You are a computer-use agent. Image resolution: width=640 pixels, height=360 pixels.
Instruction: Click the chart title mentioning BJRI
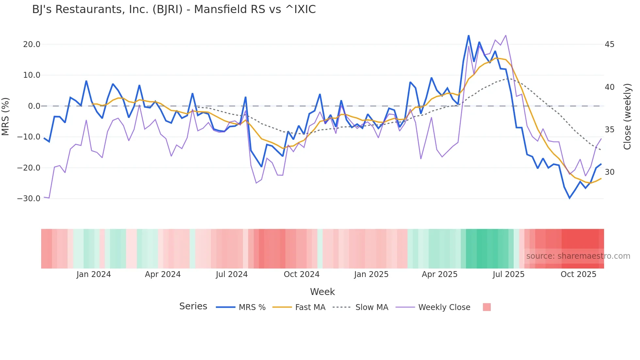(174, 9)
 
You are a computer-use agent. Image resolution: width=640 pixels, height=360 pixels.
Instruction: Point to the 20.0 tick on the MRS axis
(32, 44)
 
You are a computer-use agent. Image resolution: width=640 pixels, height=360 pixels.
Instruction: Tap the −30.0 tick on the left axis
(29, 199)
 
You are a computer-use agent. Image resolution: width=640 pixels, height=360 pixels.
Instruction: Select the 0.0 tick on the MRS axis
(34, 106)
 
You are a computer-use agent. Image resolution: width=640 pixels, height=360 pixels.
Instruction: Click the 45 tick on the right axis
(609, 44)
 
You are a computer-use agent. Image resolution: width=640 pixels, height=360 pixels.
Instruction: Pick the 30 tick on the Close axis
(609, 172)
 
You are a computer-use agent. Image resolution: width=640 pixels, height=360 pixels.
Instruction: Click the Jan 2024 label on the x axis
(94, 274)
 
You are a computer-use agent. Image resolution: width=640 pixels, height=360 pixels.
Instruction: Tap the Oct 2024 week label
(301, 274)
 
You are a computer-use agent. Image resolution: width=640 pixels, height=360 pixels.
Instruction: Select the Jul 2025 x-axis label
(508, 274)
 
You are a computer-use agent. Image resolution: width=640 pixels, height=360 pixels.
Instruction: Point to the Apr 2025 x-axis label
(440, 274)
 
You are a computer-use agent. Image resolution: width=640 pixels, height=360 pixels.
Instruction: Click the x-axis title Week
(322, 292)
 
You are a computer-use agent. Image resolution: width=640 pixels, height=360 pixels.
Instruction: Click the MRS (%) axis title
(6, 116)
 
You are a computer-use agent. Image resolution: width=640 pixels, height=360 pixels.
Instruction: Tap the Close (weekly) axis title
(627, 117)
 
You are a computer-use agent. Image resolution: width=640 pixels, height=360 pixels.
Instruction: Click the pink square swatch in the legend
(487, 307)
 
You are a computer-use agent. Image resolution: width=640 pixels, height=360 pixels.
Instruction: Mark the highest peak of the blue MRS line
(469, 36)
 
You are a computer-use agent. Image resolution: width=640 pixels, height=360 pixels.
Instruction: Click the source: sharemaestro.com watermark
(578, 256)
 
